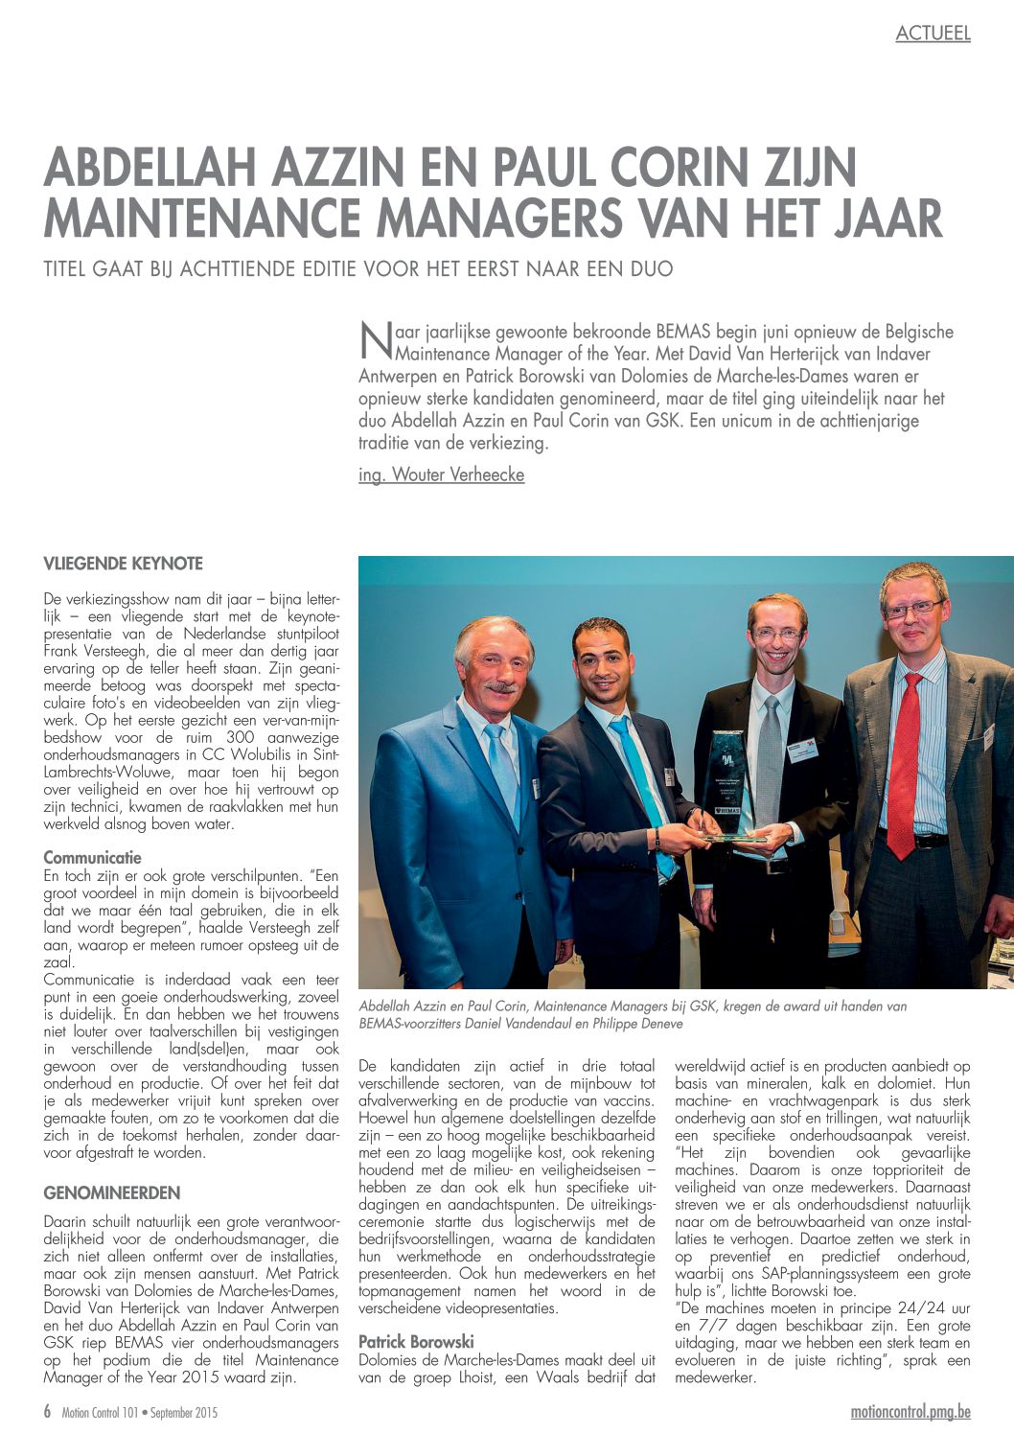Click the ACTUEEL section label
pyautogui.click(x=933, y=34)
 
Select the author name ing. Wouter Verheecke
pyautogui.click(x=441, y=474)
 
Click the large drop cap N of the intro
pyautogui.click(x=372, y=340)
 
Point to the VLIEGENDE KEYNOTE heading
pyautogui.click(x=123, y=564)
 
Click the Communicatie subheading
pyautogui.click(x=92, y=858)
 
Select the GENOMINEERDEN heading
pyautogui.click(x=111, y=1193)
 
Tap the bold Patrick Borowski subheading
pyautogui.click(x=416, y=1342)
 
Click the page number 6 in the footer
pyautogui.click(x=47, y=1412)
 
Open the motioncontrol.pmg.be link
pyautogui.click(x=910, y=1412)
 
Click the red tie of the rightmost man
pyautogui.click(x=904, y=767)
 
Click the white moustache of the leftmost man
pyautogui.click(x=499, y=686)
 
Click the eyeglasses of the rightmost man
pyautogui.click(x=912, y=609)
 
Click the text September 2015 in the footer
pyautogui.click(x=184, y=1413)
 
